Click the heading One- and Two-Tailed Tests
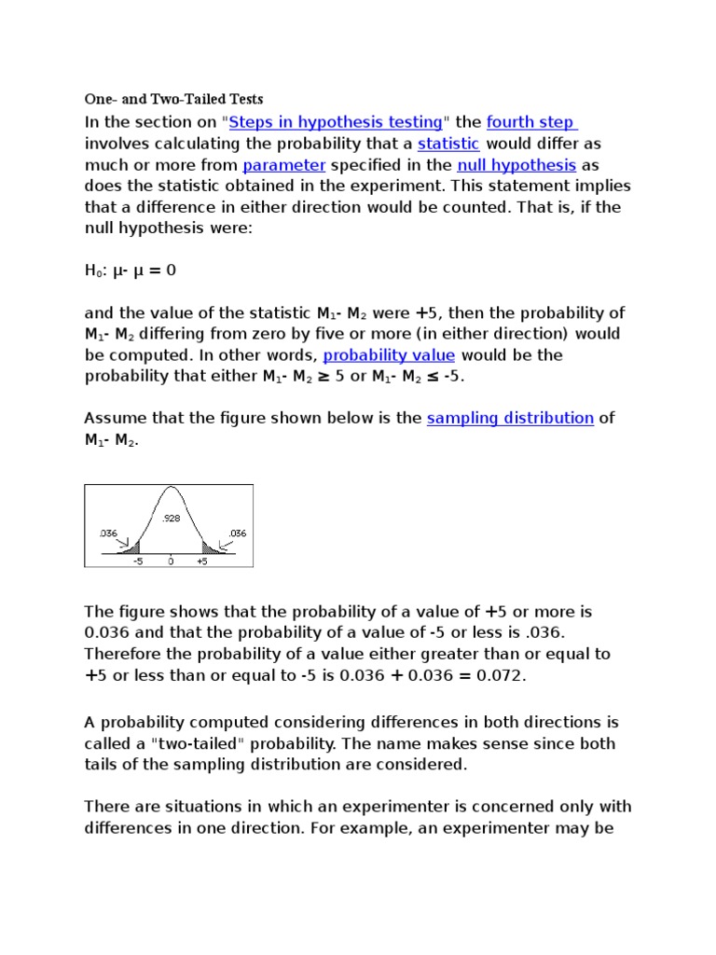(x=173, y=99)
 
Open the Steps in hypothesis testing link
(x=335, y=122)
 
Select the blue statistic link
(x=448, y=144)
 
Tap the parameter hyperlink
(x=283, y=165)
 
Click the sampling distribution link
(x=510, y=419)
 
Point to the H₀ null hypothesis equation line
(x=131, y=270)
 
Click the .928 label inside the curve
(x=171, y=519)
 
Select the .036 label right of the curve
(x=236, y=533)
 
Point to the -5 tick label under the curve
(x=137, y=562)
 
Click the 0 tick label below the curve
(x=171, y=562)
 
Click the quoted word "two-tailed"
(x=207, y=743)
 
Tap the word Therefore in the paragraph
(x=123, y=655)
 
